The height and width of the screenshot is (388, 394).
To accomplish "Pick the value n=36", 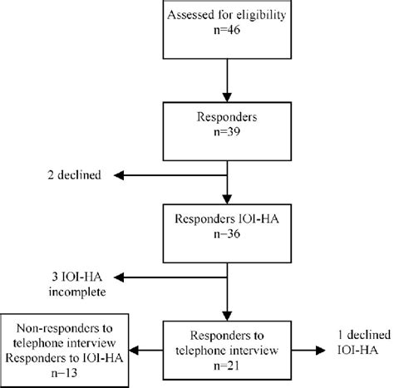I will coord(227,240).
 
